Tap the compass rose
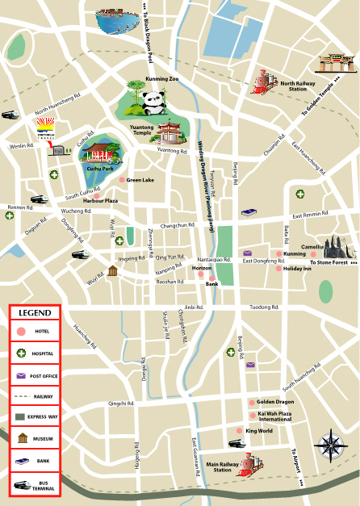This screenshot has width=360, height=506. (x=331, y=445)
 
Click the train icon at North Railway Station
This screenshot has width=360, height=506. (x=264, y=80)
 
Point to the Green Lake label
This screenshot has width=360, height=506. (x=140, y=180)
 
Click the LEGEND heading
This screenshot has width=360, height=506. (x=36, y=312)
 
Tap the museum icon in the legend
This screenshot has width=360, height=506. (x=22, y=438)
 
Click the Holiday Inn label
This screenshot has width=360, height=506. (x=296, y=269)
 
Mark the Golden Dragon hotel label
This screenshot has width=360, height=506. (x=274, y=401)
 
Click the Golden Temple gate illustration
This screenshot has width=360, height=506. (x=332, y=64)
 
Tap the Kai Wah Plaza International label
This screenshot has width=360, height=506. (x=274, y=416)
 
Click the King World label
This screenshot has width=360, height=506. (x=259, y=431)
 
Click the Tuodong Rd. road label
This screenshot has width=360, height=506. (x=264, y=307)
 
